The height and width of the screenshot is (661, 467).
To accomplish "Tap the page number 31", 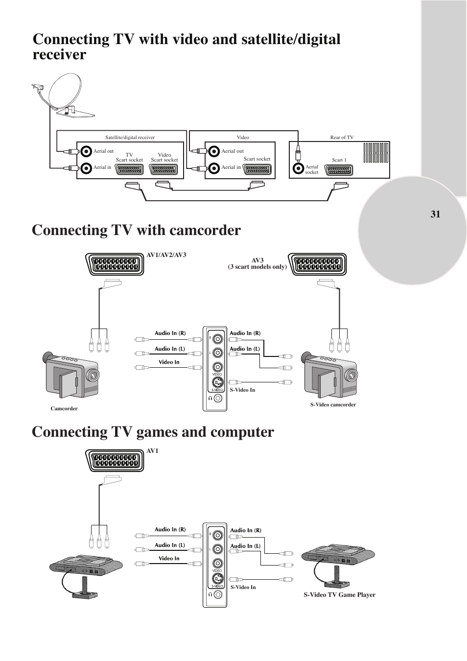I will pos(435,214).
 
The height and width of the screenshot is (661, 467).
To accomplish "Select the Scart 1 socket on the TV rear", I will pos(338,170).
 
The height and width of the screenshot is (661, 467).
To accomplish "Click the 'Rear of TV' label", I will pos(342,138).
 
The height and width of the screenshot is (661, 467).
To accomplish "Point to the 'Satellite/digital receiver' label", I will pos(130,138).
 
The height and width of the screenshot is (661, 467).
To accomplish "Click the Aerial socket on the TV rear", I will pos(298,169).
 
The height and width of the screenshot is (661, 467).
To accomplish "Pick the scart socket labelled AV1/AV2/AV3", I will pos(115,264).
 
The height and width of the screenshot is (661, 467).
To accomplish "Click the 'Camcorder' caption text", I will pos(64,408).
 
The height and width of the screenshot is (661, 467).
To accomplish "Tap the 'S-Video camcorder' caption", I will pos(333,404).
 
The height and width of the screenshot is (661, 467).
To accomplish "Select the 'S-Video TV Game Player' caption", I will pos(339,595).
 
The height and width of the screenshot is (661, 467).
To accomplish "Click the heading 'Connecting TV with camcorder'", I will pos(136,230).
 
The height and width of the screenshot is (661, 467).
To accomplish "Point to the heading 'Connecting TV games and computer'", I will pos(153,432).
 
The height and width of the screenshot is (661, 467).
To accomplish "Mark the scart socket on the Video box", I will pos(257,169).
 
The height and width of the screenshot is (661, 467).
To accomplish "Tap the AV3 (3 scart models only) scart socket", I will pos(318,264).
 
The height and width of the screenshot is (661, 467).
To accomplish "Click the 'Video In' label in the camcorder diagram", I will pos(169,362).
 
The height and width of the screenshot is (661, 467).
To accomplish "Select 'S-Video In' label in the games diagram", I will pos(243,587).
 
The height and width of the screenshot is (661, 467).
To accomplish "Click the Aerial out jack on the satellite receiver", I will pos(87,151).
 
